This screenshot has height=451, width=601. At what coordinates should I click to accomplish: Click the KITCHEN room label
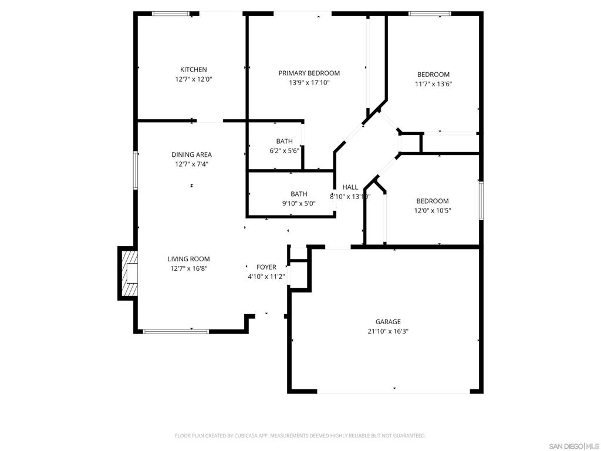click(x=193, y=69)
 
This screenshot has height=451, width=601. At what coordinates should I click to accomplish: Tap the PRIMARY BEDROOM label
click(x=309, y=73)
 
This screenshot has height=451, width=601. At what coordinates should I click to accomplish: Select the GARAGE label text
click(x=388, y=321)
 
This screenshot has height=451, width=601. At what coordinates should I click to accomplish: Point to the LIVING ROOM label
click(x=188, y=259)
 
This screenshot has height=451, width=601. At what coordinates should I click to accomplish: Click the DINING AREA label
click(x=191, y=154)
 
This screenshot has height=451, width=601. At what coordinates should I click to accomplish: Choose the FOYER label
click(x=266, y=267)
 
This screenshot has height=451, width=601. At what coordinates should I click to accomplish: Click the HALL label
click(x=350, y=187)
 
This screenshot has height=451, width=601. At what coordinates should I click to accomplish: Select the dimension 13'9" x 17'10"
click(x=309, y=83)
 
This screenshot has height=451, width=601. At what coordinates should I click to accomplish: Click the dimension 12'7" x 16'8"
click(x=188, y=268)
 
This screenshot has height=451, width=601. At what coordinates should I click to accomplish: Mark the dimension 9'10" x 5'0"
click(x=299, y=203)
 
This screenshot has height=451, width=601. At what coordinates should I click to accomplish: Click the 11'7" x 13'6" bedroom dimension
click(x=433, y=84)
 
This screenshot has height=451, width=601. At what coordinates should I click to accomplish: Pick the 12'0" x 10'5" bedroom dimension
click(x=433, y=210)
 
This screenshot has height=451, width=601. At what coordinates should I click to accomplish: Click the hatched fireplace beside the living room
click(x=129, y=273)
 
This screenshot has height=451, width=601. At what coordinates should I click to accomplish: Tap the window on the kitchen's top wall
click(x=171, y=14)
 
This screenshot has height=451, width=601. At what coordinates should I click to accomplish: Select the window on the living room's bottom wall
click(x=176, y=331)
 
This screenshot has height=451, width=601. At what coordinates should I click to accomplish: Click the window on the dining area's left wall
click(x=136, y=170)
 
